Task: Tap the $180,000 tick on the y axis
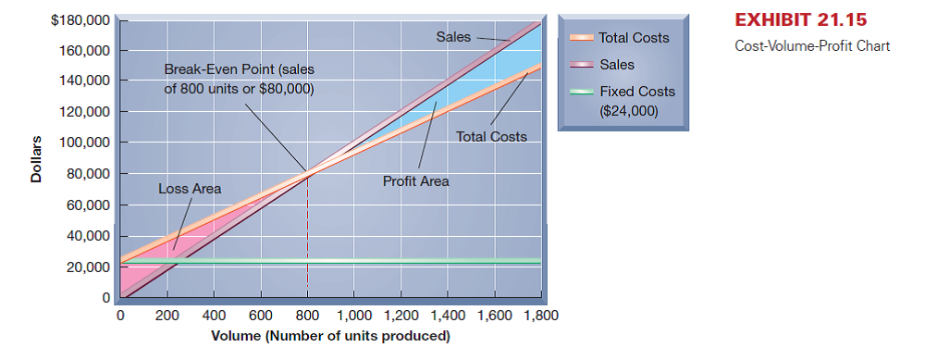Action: coord(81,19)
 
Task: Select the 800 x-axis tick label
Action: coord(307,317)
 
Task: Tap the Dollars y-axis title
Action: coord(36,158)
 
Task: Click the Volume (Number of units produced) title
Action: coord(331,336)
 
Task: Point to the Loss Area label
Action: coord(190,189)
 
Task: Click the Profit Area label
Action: coord(415,181)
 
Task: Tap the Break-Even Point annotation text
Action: coord(240,80)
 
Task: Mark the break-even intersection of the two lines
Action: coord(307,173)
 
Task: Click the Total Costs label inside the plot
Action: coord(491,137)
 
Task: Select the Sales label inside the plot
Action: coord(453,37)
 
